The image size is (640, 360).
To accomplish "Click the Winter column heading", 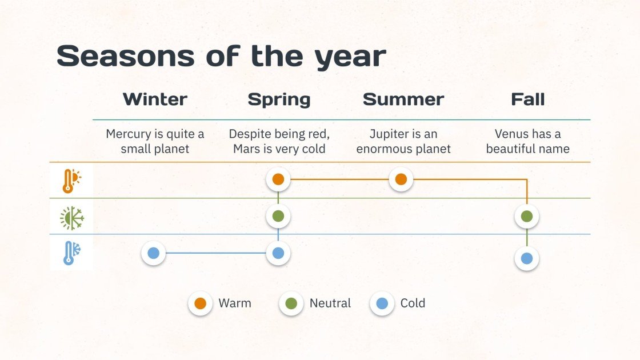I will point(155,99).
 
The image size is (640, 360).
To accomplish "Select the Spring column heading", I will point(279,99).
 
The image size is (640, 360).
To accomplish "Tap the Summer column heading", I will point(403,99).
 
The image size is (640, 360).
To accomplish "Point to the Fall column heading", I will point(527,99).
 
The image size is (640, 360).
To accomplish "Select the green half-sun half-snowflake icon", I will point(72,218).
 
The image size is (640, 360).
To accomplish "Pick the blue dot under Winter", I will point(153,253).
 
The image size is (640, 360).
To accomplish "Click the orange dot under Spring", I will point(278,179).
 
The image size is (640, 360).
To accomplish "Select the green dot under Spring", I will point(278,217).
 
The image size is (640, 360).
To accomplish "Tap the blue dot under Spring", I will point(278,253).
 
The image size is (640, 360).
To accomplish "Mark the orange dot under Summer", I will point(401,179).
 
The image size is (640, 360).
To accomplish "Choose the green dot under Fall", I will point(527,217).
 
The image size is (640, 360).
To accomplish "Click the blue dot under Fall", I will point(527,258).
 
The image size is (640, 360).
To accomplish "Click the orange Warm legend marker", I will point(200,303).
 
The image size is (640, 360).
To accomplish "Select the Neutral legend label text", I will point(330,303).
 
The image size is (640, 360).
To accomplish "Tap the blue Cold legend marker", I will point(382,303).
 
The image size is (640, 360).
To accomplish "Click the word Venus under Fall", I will point(511,134).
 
